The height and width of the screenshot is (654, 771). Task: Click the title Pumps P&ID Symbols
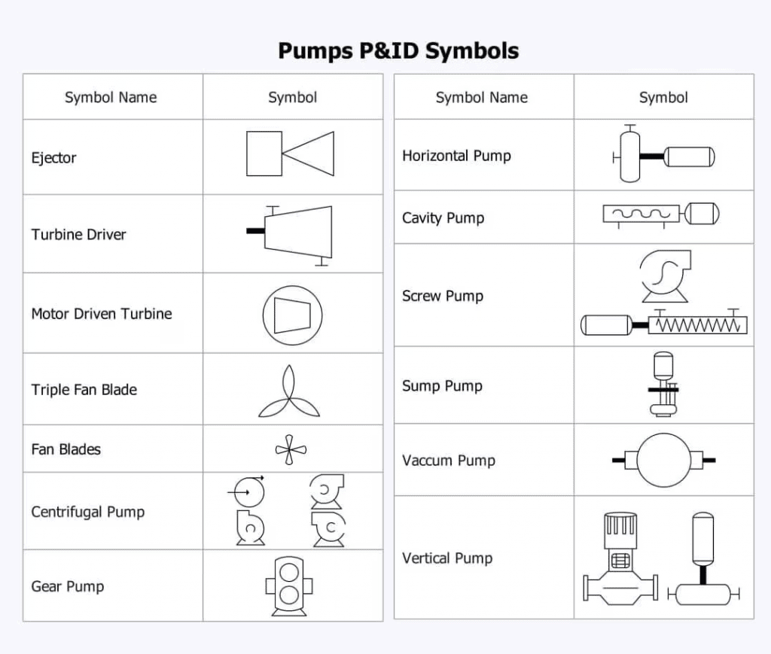pyautogui.click(x=398, y=50)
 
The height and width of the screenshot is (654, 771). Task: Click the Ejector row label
pyautogui.click(x=53, y=158)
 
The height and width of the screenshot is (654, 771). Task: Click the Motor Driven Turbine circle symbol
pyautogui.click(x=291, y=314)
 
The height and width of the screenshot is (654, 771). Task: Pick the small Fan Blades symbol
pyautogui.click(x=291, y=450)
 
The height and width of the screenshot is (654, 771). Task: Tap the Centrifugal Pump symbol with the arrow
pyautogui.click(x=248, y=491)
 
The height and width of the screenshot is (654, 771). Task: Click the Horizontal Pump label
pyautogui.click(x=456, y=156)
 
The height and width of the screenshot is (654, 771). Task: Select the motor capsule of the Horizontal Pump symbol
pyautogui.click(x=689, y=157)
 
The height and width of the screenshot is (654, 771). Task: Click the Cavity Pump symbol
pyautogui.click(x=660, y=214)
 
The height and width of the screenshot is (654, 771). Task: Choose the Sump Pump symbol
pyautogui.click(x=663, y=385)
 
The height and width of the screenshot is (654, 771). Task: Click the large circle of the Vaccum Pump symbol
pyautogui.click(x=663, y=460)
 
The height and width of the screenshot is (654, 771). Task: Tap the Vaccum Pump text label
pyautogui.click(x=448, y=461)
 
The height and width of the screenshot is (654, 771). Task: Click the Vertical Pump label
pyautogui.click(x=446, y=558)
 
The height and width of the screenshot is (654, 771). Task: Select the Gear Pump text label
pyautogui.click(x=68, y=587)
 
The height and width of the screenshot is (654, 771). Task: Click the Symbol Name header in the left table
pyautogui.click(x=111, y=97)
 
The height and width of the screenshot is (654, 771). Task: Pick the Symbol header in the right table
pyautogui.click(x=663, y=97)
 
